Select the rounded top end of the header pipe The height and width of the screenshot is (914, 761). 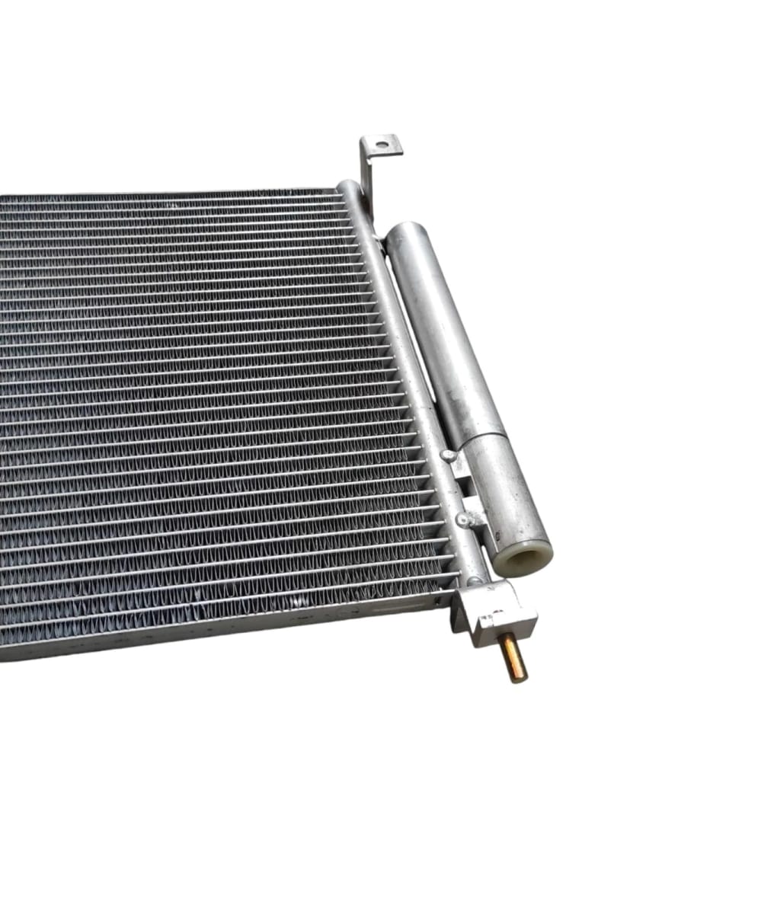pyautogui.click(x=348, y=187)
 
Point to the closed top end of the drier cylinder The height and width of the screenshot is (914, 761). pyautogui.click(x=404, y=229)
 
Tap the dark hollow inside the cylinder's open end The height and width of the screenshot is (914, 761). pyautogui.click(x=526, y=560)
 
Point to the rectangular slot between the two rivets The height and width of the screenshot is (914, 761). pyautogui.click(x=465, y=487)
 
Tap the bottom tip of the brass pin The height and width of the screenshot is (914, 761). pyautogui.click(x=518, y=678)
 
